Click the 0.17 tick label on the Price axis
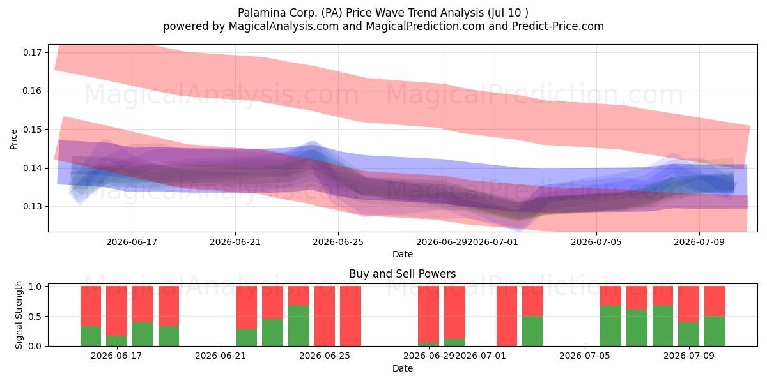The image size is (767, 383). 32,52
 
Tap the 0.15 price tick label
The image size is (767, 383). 32,130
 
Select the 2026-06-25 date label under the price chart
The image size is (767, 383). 338,242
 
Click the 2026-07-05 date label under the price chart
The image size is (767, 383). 596,242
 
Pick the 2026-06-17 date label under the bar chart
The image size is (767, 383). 116,356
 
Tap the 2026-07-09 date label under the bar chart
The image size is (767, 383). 689,356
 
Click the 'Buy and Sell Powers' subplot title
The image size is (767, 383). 402,274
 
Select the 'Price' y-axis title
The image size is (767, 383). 13,140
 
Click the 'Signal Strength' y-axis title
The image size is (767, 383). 19,315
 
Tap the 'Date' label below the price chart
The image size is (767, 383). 402,254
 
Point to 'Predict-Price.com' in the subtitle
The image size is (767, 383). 558,26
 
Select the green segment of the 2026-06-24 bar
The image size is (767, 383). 298,326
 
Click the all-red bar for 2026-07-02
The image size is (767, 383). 507,316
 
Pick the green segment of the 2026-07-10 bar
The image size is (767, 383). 715,331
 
